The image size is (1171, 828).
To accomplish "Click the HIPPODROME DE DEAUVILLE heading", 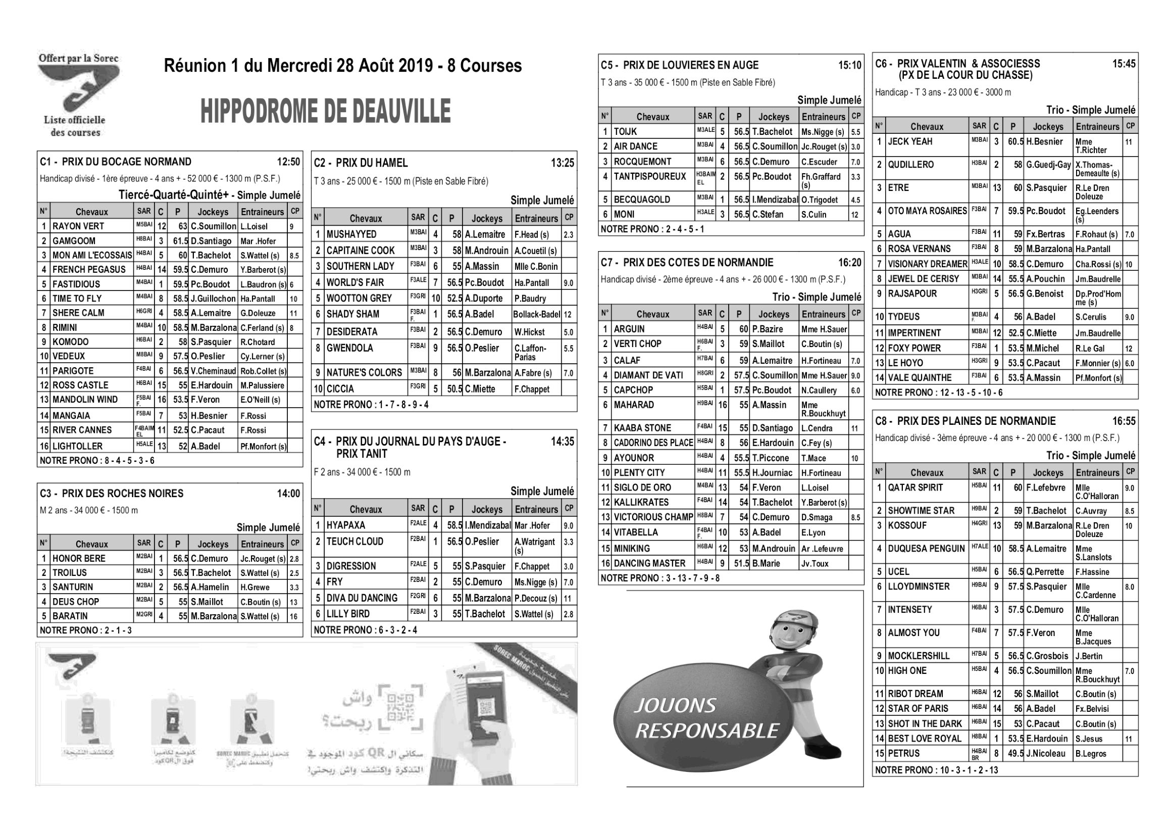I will click(x=325, y=111).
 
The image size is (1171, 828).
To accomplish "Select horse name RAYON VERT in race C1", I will click(x=78, y=226).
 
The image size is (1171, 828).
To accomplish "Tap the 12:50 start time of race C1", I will click(x=288, y=162).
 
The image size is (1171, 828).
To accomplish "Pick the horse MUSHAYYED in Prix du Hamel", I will click(x=351, y=235).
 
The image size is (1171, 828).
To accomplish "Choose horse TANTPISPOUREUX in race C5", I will click(x=650, y=177).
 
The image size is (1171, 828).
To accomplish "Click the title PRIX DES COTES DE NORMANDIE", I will click(x=698, y=263).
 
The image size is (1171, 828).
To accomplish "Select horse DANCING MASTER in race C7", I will click(x=649, y=564).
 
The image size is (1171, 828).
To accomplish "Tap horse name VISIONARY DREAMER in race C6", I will click(x=927, y=264).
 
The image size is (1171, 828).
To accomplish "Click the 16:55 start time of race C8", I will click(x=1124, y=421).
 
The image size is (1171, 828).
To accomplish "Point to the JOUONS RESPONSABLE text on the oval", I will click(x=706, y=719).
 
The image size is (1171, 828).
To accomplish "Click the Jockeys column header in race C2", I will click(x=487, y=219).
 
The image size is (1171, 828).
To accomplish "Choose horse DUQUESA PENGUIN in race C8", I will click(x=926, y=549).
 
